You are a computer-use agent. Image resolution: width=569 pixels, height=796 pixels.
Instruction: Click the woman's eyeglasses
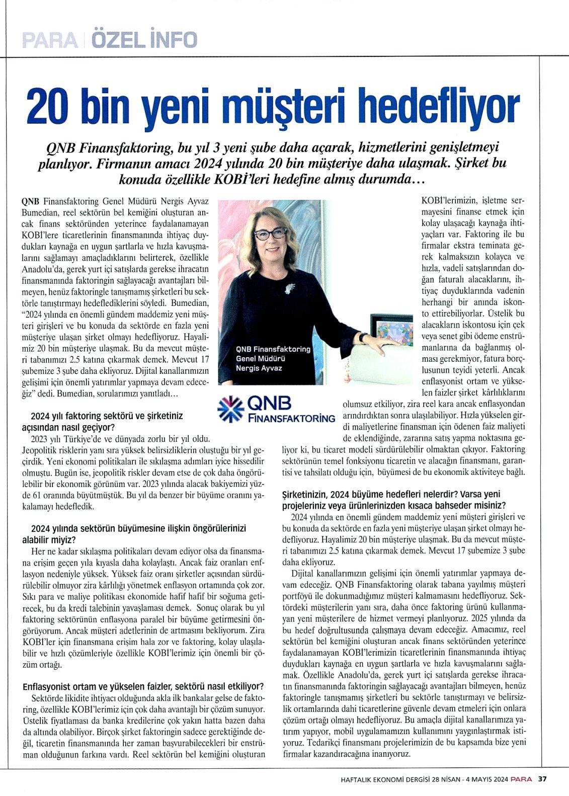point(271,234)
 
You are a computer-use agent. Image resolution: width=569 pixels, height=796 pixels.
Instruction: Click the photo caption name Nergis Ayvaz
point(259,368)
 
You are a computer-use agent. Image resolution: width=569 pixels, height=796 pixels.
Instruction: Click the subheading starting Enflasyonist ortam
point(143,687)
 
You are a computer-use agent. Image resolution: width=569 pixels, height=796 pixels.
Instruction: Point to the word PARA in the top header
point(49,40)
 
